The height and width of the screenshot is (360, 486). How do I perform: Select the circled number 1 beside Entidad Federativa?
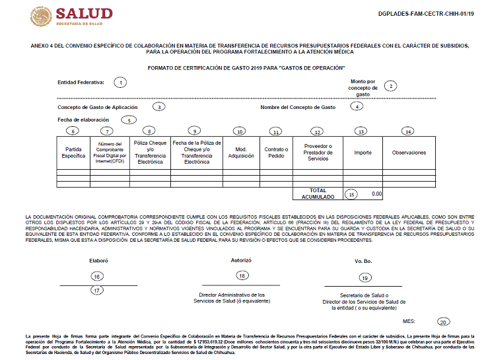tap(120, 83)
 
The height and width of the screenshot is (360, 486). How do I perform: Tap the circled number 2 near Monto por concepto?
tap(392, 86)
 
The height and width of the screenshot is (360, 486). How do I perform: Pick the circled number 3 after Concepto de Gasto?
tap(158, 106)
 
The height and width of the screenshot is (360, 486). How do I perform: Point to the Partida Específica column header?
tap(73, 153)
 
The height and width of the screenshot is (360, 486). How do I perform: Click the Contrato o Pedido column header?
tap(276, 153)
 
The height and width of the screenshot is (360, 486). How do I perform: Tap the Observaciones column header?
tap(409, 153)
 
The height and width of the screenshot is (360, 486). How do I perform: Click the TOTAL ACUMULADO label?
tap(318, 194)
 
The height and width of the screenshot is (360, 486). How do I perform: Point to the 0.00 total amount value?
tap(376, 194)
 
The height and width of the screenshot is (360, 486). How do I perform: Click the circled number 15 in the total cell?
tap(352, 194)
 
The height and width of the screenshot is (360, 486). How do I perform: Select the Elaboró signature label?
tap(98, 261)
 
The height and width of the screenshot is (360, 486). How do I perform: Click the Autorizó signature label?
tap(241, 260)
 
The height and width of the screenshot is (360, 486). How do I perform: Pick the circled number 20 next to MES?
tap(442, 322)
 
